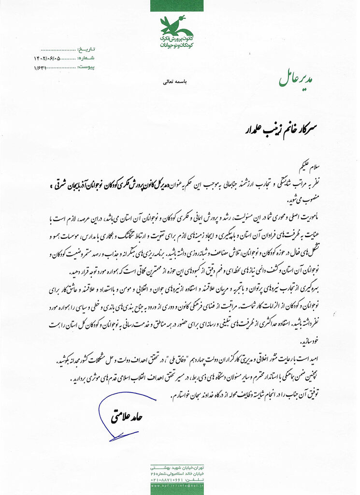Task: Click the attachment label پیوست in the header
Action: coord(86,66)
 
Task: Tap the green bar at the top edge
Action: coord(180,5)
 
